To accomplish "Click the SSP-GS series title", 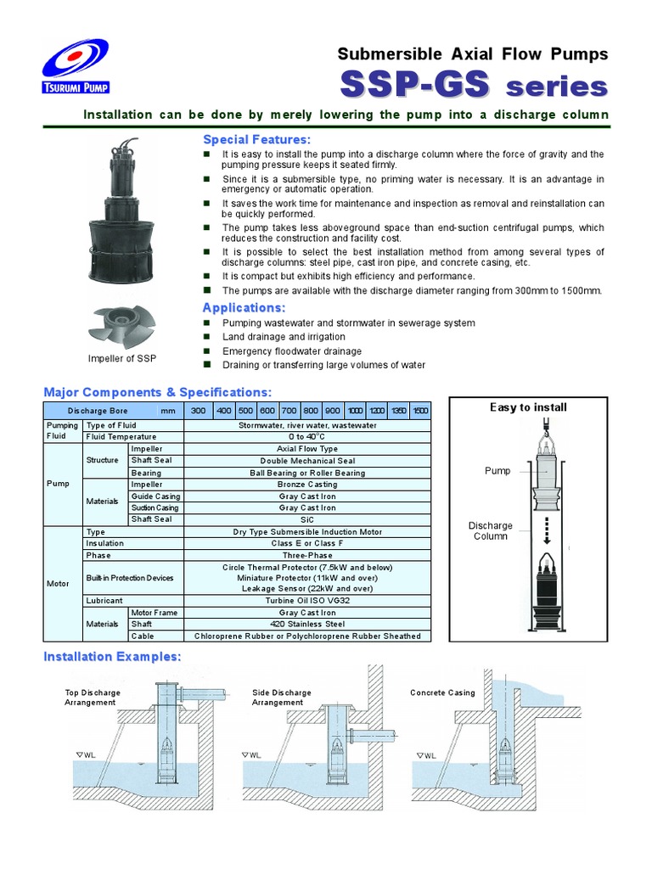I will [x=474, y=87].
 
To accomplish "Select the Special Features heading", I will [x=256, y=139].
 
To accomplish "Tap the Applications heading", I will [x=244, y=307].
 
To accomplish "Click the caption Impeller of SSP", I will [x=122, y=358].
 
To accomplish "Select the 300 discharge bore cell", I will [x=198, y=411].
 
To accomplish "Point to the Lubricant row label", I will [x=104, y=600].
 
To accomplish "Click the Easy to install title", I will [x=528, y=407].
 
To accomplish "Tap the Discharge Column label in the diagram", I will [x=491, y=531].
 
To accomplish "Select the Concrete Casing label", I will [x=442, y=692].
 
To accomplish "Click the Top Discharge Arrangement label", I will [x=93, y=698].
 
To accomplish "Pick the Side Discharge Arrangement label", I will [x=281, y=698].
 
